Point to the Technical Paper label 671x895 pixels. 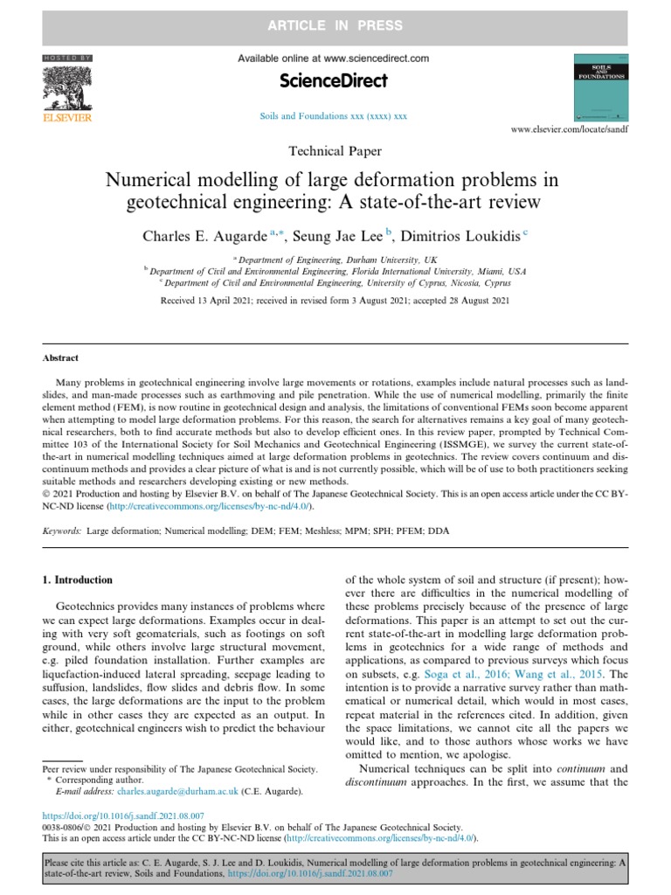(335, 151)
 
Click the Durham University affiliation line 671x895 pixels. (335, 260)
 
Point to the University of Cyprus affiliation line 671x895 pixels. (335, 283)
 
